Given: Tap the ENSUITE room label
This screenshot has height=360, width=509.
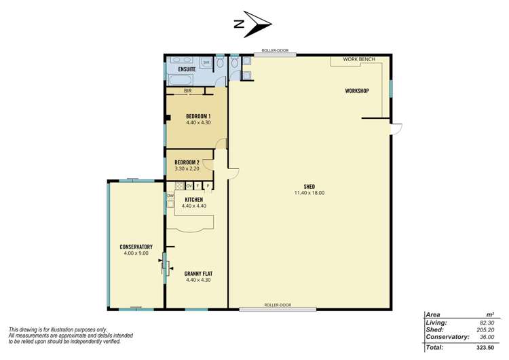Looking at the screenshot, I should (x=187, y=69).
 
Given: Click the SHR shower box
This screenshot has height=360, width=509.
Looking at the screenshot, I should (x=206, y=62).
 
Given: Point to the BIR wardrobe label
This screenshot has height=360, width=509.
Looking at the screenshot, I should (x=187, y=90).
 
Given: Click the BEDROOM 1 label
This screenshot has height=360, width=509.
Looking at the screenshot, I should (x=198, y=116).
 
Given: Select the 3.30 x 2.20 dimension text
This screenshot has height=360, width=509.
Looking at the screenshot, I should (x=187, y=168).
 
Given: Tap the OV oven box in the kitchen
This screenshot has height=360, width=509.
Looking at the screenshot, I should (x=189, y=185).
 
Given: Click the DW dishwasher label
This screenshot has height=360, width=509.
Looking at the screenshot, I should (x=170, y=196).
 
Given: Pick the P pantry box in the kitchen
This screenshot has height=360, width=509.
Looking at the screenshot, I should (x=208, y=185).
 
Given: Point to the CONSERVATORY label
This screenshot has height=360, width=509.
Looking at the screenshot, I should (x=136, y=247).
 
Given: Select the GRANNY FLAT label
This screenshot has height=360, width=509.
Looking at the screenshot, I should (x=198, y=274).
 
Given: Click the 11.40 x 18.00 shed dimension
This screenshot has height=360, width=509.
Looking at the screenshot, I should (x=309, y=193).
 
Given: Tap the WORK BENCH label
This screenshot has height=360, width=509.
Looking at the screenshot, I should (x=357, y=60).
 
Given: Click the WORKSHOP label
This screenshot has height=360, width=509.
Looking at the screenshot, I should (x=356, y=90).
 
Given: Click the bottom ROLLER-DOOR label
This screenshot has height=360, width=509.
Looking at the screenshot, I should (x=278, y=305).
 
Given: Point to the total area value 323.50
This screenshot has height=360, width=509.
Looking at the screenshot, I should (x=484, y=347).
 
